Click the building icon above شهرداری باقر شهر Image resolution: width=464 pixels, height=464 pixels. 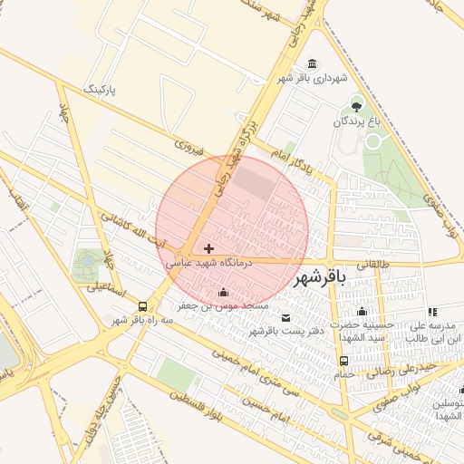[313, 63]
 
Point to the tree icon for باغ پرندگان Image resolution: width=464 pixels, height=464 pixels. [355, 105]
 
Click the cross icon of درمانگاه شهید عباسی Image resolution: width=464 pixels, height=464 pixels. [209, 248]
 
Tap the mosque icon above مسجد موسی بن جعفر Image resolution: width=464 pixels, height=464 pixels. [224, 292]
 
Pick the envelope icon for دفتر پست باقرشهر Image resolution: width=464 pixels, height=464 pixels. [286, 317]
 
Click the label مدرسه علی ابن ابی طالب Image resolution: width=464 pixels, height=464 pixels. [435, 332]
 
